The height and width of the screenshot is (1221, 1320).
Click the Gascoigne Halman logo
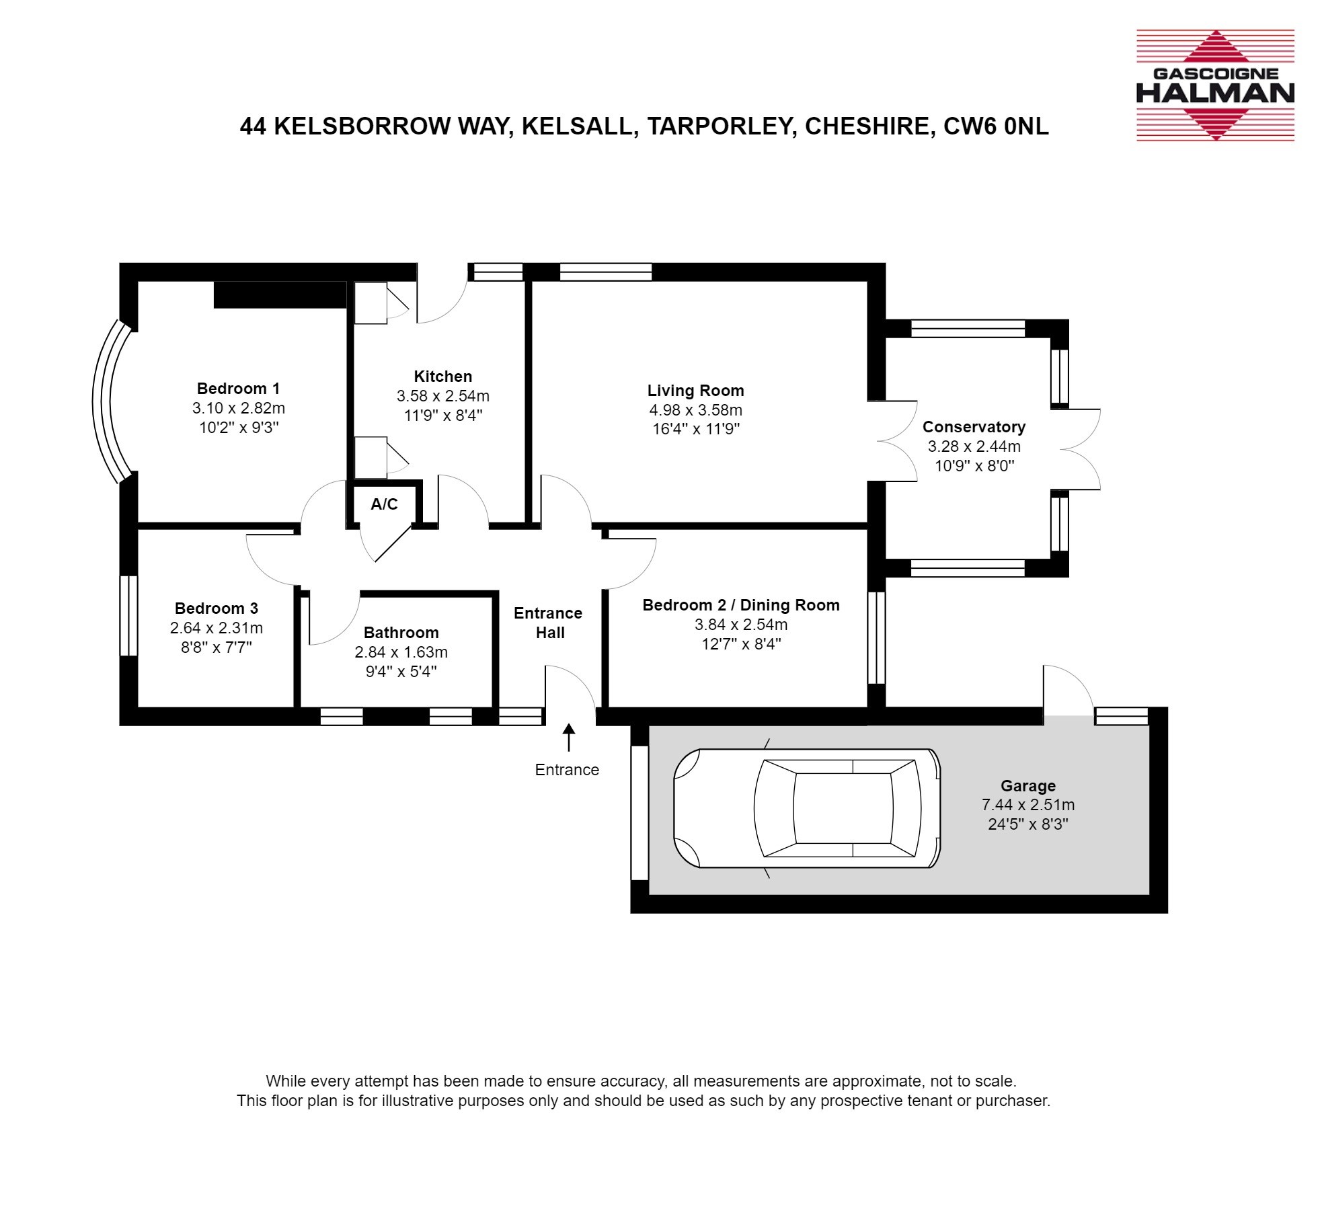pos(1215,85)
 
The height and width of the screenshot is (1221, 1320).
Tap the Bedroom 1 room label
pos(238,388)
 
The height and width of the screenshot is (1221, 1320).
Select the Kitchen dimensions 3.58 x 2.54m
pos(443,396)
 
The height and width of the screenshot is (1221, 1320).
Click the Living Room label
pos(695,391)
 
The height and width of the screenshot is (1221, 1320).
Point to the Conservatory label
pos(974,427)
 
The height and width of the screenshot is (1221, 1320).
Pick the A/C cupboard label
pos(384,504)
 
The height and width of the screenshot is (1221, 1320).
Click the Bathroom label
pos(401,633)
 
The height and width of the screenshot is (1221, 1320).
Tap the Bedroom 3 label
pos(216,608)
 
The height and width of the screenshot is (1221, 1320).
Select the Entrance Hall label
pos(548,623)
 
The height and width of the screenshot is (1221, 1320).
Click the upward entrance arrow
pos(569,737)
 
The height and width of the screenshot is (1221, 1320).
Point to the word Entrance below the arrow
pos(567,770)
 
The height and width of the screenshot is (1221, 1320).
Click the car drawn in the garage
pos(806,808)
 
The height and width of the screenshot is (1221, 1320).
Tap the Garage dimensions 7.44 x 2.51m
pos(1028,805)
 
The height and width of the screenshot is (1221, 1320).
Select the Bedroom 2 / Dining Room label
pos(741,605)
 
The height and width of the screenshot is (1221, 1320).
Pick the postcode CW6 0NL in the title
pos(996,126)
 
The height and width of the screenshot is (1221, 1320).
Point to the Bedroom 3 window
pos(128,615)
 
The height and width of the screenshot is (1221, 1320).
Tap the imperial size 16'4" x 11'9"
pos(696,429)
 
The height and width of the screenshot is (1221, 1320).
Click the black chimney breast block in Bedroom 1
pos(280,294)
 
